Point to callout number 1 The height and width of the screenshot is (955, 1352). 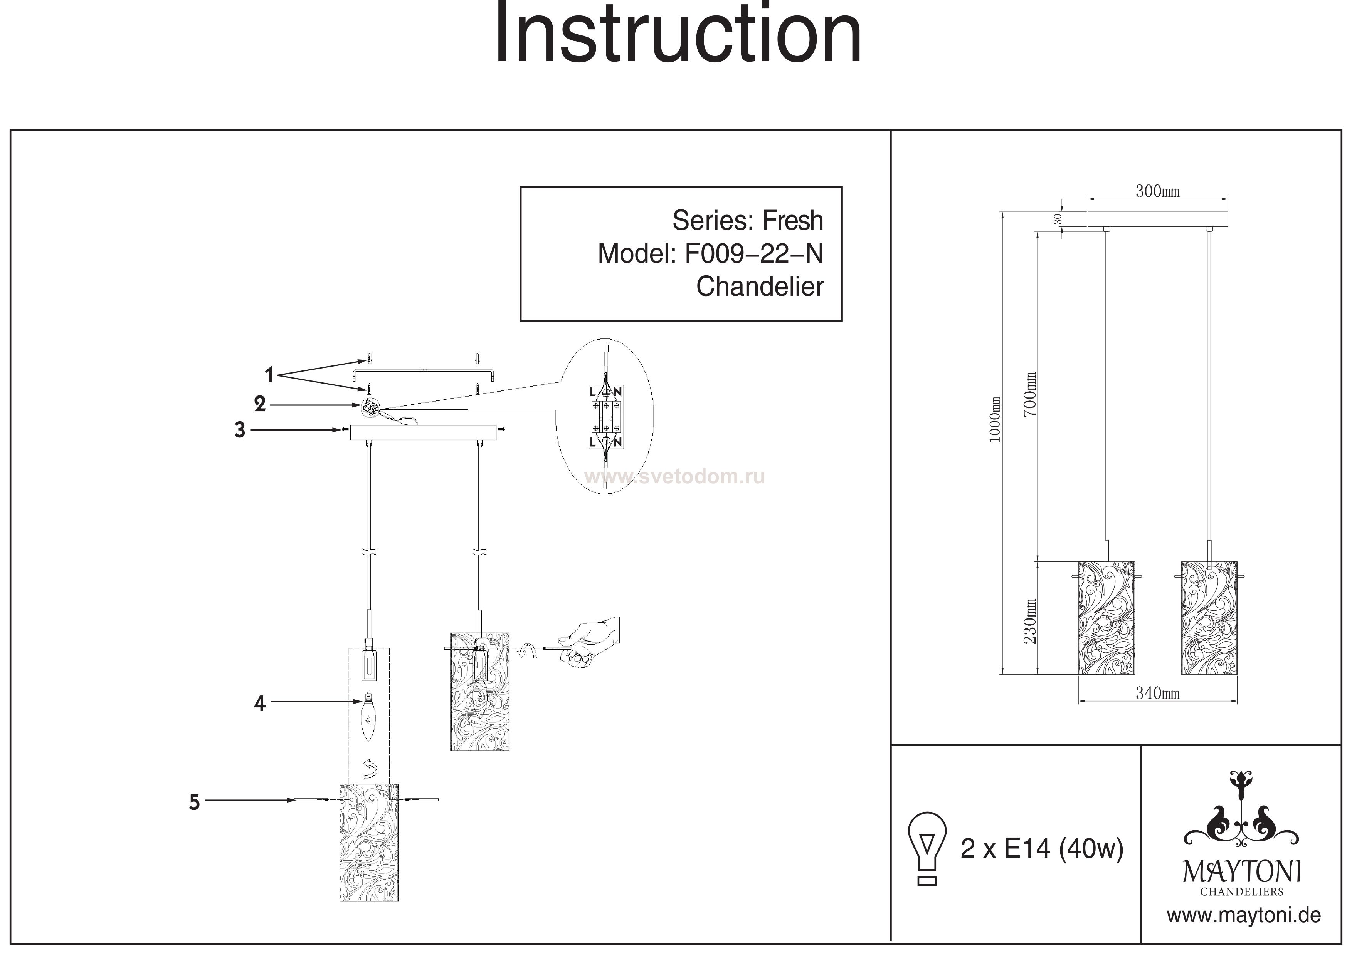pyautogui.click(x=269, y=375)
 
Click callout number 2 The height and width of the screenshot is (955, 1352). pyautogui.click(x=260, y=404)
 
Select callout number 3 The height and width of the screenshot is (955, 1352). pyautogui.click(x=240, y=430)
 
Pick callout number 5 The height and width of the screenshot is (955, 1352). pyautogui.click(x=194, y=802)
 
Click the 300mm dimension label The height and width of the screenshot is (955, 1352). pyautogui.click(x=1157, y=191)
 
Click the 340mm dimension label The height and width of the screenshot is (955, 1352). pyautogui.click(x=1157, y=694)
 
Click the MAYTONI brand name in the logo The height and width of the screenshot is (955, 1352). pyautogui.click(x=1242, y=871)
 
